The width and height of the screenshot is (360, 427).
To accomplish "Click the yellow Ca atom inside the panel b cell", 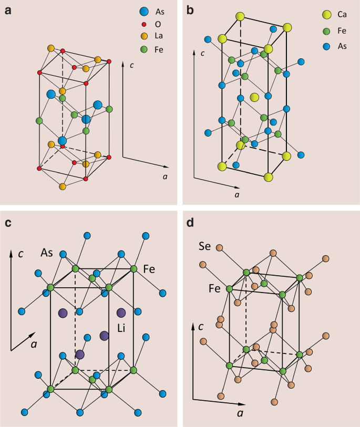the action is [x=255, y=97].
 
